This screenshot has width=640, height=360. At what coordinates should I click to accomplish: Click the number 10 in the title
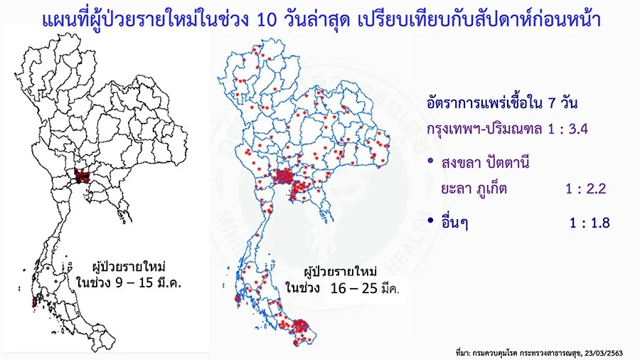pyautogui.click(x=267, y=20)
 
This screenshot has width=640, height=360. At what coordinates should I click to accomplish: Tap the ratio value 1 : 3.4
pyautogui.click(x=567, y=129)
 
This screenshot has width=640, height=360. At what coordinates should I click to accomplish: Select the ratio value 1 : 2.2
pyautogui.click(x=586, y=189)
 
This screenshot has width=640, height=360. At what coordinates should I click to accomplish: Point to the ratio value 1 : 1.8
pyautogui.click(x=590, y=223)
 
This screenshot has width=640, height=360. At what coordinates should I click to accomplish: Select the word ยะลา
pyautogui.click(x=454, y=189)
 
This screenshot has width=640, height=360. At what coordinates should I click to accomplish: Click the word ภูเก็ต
pyautogui.click(x=491, y=188)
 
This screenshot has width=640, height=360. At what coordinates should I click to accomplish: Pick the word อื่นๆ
pyautogui.click(x=454, y=223)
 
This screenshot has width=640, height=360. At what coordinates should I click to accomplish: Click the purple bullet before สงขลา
pyautogui.click(x=430, y=161)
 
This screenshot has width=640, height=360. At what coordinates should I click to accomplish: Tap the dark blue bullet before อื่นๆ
pyautogui.click(x=430, y=221)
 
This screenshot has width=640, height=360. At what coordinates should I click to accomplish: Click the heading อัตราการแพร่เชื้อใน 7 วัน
pyautogui.click(x=502, y=103)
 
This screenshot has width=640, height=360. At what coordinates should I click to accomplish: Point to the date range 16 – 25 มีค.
pyautogui.click(x=365, y=288)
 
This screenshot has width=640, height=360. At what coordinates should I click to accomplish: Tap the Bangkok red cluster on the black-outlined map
pyautogui.click(x=82, y=176)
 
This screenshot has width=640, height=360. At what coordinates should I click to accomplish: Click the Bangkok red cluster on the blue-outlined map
pyautogui.click(x=283, y=176)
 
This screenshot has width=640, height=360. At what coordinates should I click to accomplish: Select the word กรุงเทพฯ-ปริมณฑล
pyautogui.click(x=484, y=129)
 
